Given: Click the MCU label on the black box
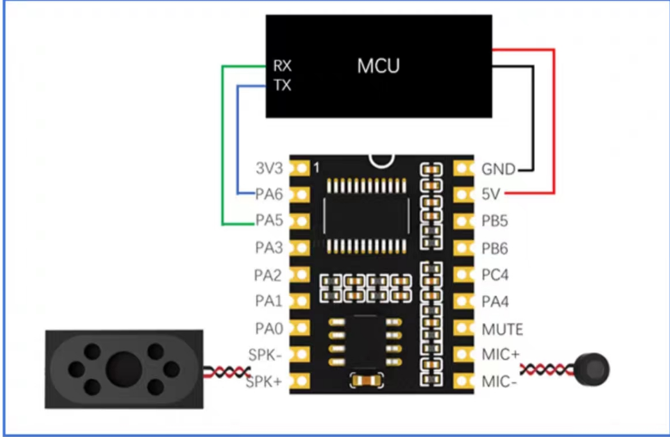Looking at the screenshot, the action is (379, 66).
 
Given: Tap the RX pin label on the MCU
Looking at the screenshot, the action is (282, 66).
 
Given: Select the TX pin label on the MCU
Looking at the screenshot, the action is (282, 86).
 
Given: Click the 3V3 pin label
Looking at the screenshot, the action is (269, 168).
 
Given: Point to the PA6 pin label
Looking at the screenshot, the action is (269, 195).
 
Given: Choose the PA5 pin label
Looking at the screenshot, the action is (269, 220).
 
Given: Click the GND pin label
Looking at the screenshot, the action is (499, 170).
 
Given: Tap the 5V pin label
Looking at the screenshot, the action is (491, 195).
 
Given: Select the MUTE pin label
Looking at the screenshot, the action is (502, 329).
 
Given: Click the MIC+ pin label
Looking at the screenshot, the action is (501, 354).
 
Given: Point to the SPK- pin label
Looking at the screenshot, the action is (265, 355).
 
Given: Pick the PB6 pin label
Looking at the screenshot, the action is (495, 248).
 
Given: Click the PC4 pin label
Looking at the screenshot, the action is (495, 275).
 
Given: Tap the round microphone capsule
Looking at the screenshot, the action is (593, 370).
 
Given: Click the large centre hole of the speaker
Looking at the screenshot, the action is (124, 369).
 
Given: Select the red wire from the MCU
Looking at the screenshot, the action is (553, 122).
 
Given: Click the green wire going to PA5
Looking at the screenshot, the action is (223, 146).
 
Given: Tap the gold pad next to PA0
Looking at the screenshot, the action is (300, 328).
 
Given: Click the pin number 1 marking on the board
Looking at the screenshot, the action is (316, 168).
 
